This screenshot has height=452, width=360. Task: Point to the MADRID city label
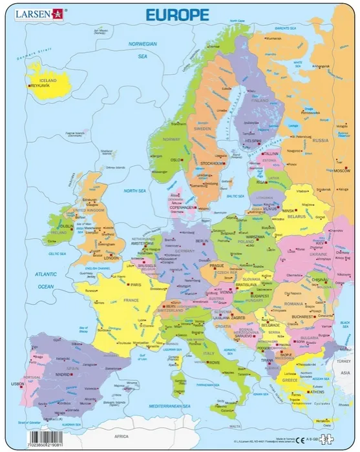62,375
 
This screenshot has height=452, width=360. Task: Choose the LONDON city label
112,257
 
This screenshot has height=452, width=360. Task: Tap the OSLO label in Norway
174,159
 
